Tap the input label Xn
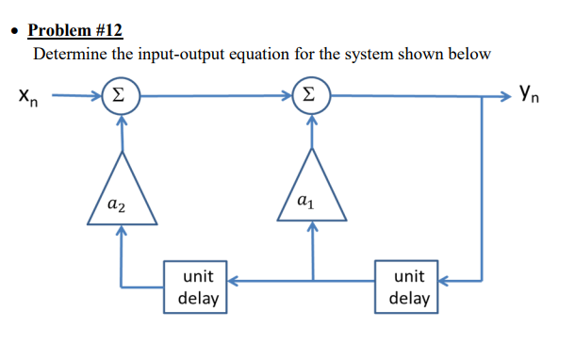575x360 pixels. click(25, 96)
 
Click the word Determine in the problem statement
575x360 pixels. click(71, 54)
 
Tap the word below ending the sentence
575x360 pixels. click(468, 54)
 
